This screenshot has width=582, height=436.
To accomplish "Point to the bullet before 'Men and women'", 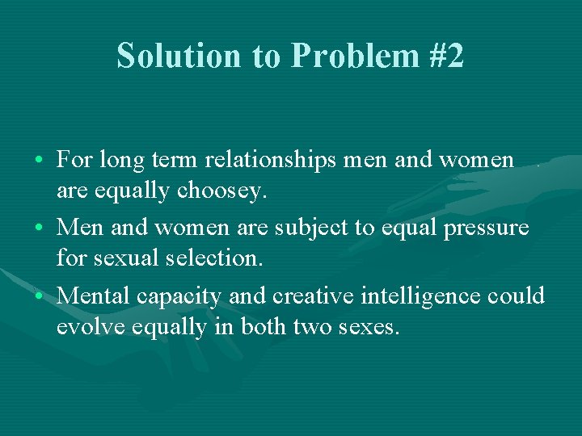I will click(40, 228).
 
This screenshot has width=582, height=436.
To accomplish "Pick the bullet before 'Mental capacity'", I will click(40, 296).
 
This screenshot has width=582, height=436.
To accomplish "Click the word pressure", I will click(485, 228).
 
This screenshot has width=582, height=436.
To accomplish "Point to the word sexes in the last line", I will click(369, 329).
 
